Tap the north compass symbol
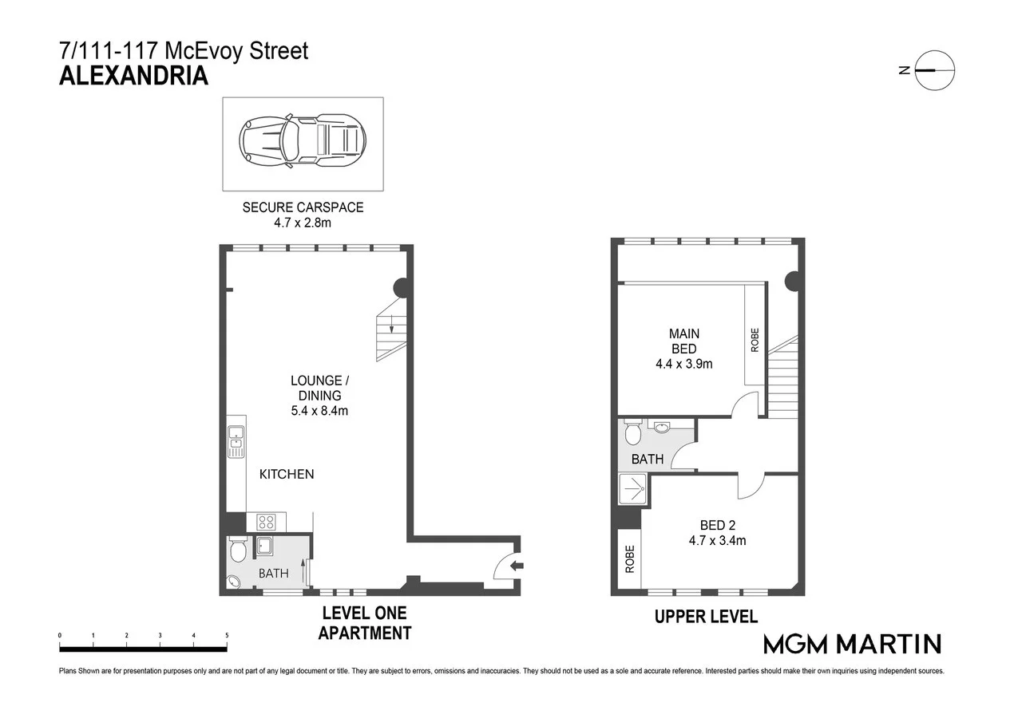[x=933, y=70]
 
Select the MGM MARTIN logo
[x=852, y=644]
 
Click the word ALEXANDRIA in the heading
[x=134, y=77]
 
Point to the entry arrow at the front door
[x=517, y=566]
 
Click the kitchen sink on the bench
[x=236, y=443]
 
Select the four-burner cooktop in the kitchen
[x=266, y=523]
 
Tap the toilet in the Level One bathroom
[x=238, y=551]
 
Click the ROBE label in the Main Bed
[x=755, y=341]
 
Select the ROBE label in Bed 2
[x=629, y=558]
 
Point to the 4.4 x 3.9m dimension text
[x=683, y=364]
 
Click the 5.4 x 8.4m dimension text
[x=319, y=411]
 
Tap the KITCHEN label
[x=287, y=474]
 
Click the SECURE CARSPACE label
[x=303, y=207]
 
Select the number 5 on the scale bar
[x=227, y=636]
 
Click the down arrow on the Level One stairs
[x=391, y=324]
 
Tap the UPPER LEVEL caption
[x=706, y=617]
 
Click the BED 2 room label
[x=717, y=525]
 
